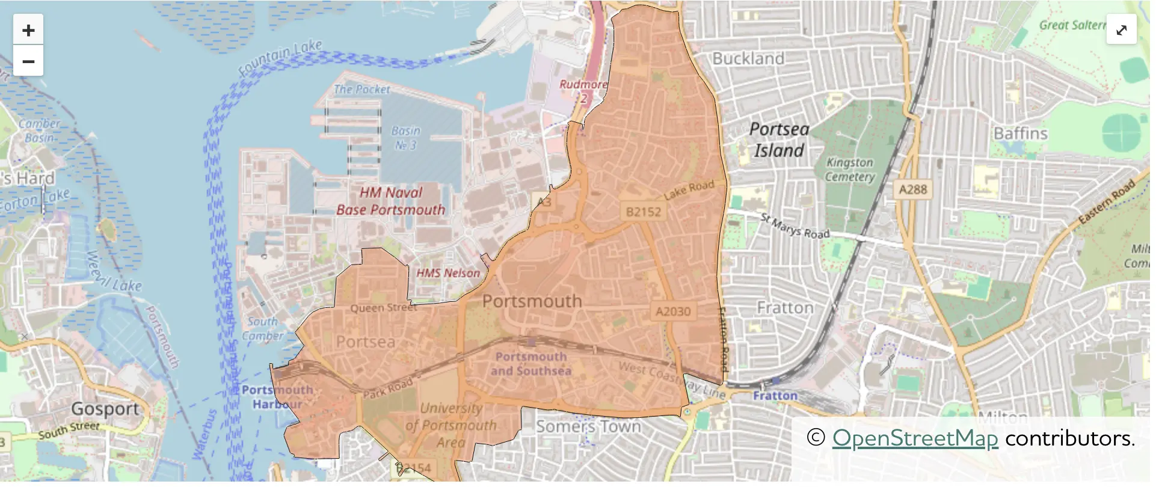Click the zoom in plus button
pos(28,30)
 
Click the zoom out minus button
pos(28,61)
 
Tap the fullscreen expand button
pos(1121,29)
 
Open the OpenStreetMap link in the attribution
pos(915,438)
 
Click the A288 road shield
pos(912,190)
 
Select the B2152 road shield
pos(643,212)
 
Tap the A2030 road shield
pos(672,311)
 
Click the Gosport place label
pos(105,409)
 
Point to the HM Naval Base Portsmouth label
pos(391,201)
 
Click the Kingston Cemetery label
pos(849,170)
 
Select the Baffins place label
pos(1020,133)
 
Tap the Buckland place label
pos(748,59)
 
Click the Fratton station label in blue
pos(775,396)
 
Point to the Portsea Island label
pos(779,139)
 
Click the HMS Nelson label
pos(448,273)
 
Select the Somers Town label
pos(588,426)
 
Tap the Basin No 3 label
pos(406,138)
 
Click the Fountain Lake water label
pos(280,57)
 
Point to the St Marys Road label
pos(795,226)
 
